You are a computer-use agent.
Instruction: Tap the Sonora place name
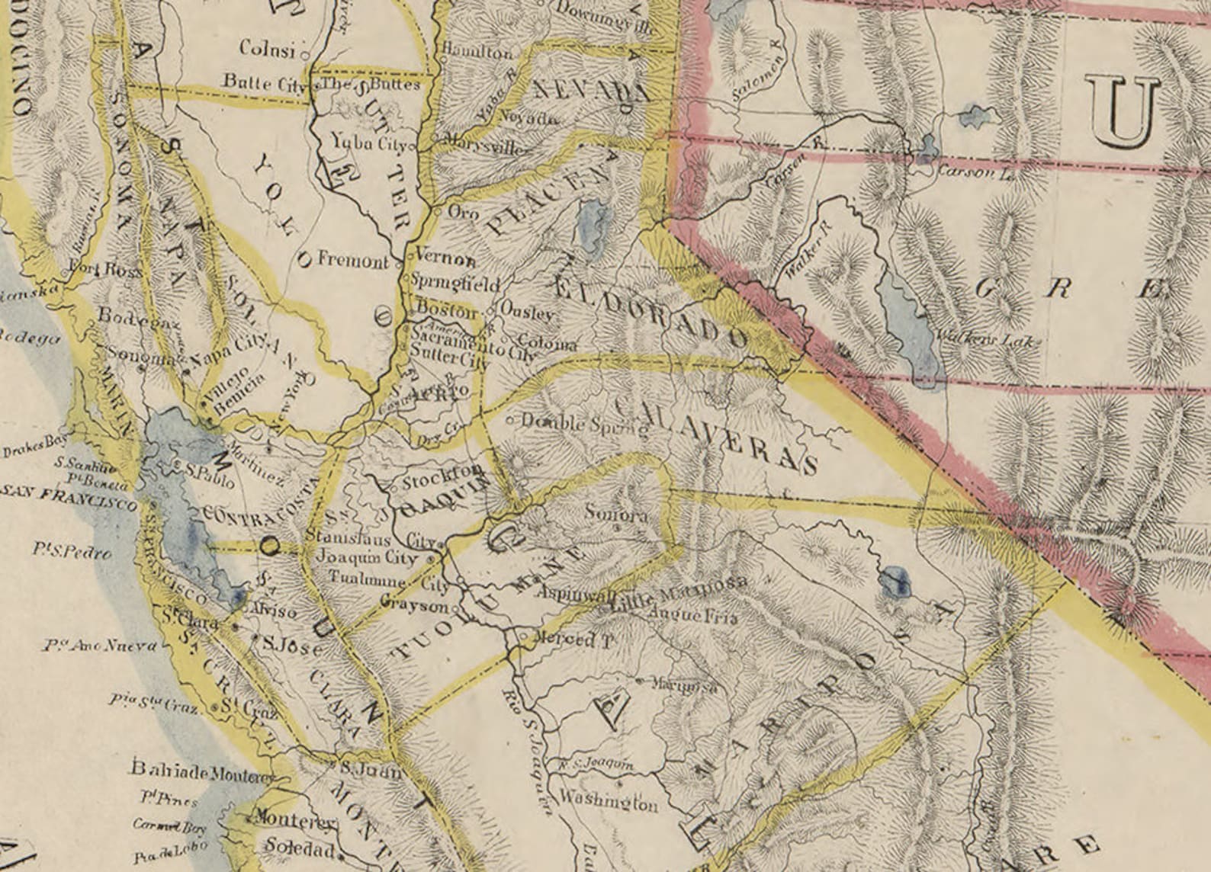[615, 514]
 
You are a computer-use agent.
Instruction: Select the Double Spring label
[586, 424]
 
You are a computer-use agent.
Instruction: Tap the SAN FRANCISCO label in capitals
[69, 495]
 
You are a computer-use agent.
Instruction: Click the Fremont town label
[352, 261]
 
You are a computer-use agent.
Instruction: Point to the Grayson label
[415, 607]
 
